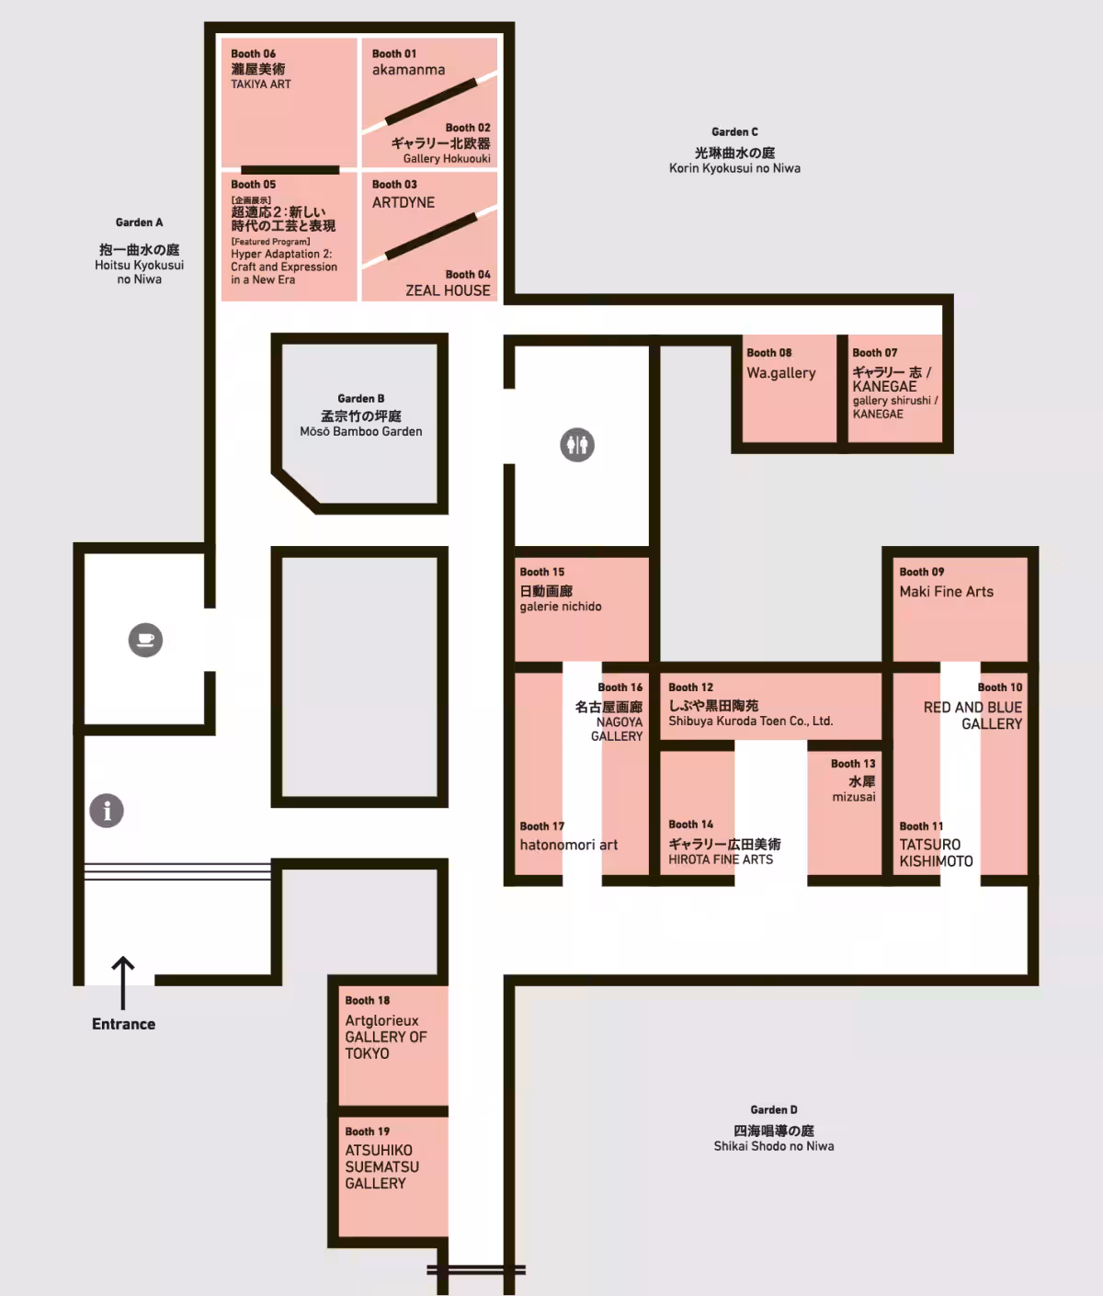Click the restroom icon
[x=577, y=445]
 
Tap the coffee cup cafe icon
[x=145, y=640]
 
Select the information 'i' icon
[x=107, y=811]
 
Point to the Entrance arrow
[x=123, y=983]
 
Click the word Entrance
[x=123, y=1024]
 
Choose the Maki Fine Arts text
[x=946, y=591]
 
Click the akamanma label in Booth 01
[x=408, y=70]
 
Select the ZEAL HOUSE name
[x=448, y=290]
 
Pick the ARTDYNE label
[x=404, y=202]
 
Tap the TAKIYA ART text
[x=261, y=84]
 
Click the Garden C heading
[x=734, y=131]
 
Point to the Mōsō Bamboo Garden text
[x=360, y=431]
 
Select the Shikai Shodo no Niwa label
[x=774, y=1146]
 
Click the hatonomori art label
[x=568, y=845]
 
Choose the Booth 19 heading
[x=367, y=1131]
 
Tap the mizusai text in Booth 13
[x=853, y=797]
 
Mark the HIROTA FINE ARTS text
[x=721, y=859]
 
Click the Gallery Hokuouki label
[x=447, y=159]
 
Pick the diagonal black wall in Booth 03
[x=431, y=236]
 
